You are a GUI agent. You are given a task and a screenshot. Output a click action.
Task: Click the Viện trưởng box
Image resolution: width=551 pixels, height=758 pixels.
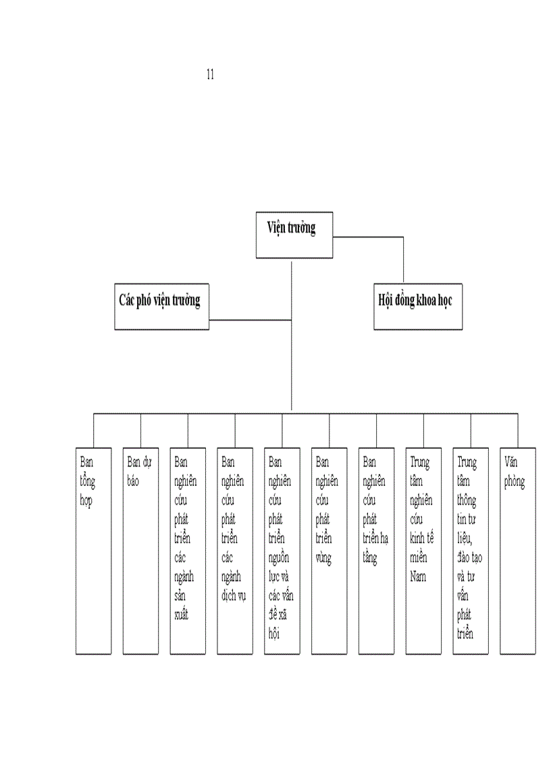[x=294, y=234]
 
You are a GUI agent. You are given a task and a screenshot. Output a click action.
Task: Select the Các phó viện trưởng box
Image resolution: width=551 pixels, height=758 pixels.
[x=161, y=306]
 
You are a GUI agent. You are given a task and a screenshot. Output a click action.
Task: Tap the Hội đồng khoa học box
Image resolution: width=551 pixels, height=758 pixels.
[x=418, y=306]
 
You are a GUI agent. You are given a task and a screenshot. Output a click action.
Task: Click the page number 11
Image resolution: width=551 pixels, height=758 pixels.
[x=210, y=74]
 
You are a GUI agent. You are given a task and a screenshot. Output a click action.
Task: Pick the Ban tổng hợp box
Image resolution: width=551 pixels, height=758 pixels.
[x=94, y=550]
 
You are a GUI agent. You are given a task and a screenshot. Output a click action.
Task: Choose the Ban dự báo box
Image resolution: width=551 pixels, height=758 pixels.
[x=140, y=550]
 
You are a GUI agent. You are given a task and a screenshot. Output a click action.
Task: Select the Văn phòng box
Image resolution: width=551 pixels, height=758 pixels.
[x=518, y=550]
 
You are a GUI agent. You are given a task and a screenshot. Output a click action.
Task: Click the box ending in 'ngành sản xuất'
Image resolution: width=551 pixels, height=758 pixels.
[x=188, y=550]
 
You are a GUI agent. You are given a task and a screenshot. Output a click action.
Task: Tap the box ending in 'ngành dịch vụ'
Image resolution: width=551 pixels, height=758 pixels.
[x=235, y=550]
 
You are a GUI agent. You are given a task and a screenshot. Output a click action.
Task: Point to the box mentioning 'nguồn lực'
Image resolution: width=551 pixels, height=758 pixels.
[x=282, y=550]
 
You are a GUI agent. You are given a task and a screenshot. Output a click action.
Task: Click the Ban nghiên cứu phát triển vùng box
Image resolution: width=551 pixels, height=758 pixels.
[x=330, y=550]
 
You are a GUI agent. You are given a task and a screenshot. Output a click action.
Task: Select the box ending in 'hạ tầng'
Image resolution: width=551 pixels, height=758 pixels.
[x=376, y=550]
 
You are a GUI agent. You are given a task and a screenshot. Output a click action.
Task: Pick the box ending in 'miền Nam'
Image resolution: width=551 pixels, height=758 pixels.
[x=423, y=550]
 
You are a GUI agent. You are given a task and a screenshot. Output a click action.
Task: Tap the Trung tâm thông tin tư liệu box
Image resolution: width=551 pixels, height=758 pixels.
[x=471, y=550]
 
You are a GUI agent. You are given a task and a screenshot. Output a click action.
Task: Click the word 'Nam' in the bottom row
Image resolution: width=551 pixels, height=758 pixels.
[x=419, y=577]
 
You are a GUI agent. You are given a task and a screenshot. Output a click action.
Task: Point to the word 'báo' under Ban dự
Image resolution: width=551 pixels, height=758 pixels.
[x=134, y=483]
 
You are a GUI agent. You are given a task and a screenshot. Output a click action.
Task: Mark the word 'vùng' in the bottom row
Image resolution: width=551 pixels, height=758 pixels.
[x=324, y=559]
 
